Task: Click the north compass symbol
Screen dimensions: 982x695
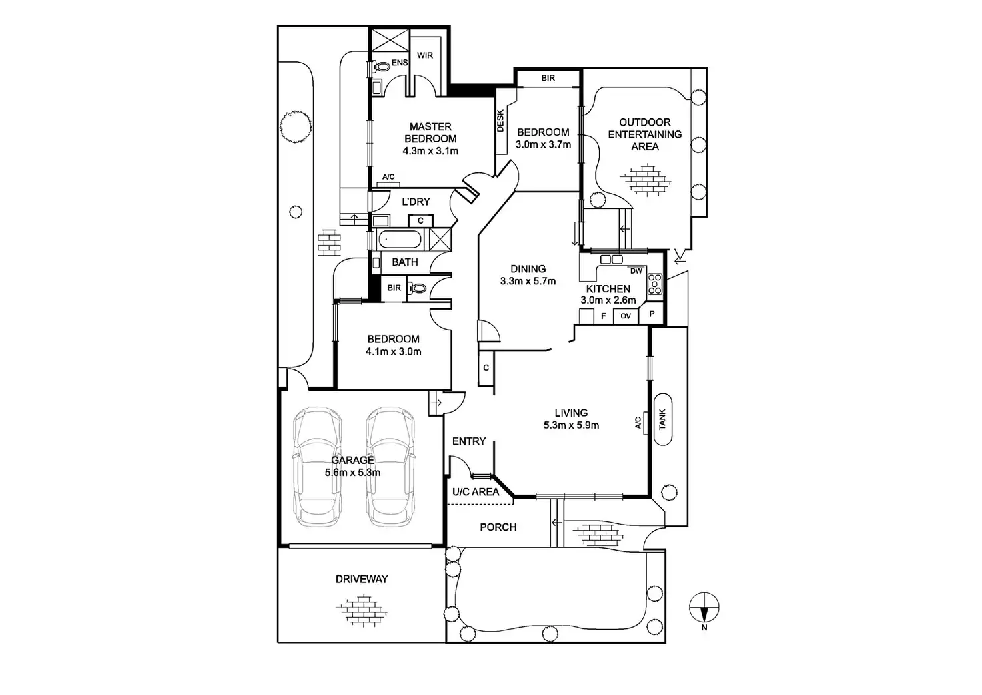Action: pyautogui.click(x=704, y=606)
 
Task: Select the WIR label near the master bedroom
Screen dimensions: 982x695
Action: pyautogui.click(x=425, y=55)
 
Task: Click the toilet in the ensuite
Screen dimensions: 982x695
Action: pyautogui.click(x=381, y=67)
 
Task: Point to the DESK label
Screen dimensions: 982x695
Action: pyautogui.click(x=501, y=121)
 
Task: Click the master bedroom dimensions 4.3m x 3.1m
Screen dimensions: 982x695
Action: pyautogui.click(x=430, y=151)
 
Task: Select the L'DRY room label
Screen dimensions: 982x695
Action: pyautogui.click(x=416, y=202)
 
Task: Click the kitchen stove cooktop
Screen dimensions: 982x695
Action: pyautogui.click(x=655, y=285)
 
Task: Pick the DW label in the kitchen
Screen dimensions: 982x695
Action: pyautogui.click(x=636, y=271)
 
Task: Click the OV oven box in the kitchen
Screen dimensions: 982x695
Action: pyautogui.click(x=626, y=316)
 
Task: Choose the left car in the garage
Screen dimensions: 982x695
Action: pyautogui.click(x=318, y=466)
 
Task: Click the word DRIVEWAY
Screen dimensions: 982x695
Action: pyautogui.click(x=362, y=579)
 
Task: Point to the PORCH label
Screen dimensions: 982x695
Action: pyautogui.click(x=498, y=527)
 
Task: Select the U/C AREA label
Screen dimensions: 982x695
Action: pyautogui.click(x=476, y=492)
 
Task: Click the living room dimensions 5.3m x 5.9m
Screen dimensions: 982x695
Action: pyautogui.click(x=571, y=425)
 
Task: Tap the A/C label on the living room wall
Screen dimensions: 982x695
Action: pyautogui.click(x=638, y=423)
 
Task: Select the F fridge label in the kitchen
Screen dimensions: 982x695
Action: pyautogui.click(x=604, y=316)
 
